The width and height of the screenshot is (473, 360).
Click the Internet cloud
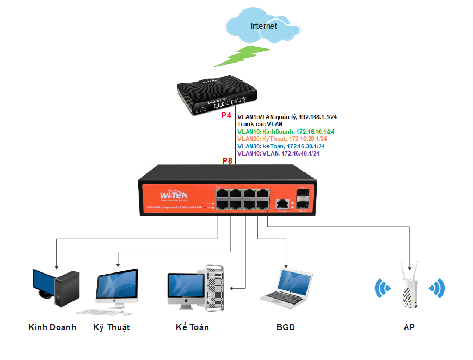coord(263,25)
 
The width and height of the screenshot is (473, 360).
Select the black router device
coord(216,97)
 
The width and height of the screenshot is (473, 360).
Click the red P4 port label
coord(226,116)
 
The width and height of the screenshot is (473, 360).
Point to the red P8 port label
coord(228,161)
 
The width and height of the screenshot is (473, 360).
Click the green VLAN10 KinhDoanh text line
coord(286,132)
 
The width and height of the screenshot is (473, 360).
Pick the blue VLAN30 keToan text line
coord(281,146)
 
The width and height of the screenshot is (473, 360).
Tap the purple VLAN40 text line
coord(278,154)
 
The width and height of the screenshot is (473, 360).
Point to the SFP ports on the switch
coord(303,199)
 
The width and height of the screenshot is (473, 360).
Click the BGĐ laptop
coord(286,285)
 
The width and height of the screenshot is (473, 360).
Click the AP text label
coord(409,327)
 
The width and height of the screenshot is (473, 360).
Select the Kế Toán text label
coord(192,327)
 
